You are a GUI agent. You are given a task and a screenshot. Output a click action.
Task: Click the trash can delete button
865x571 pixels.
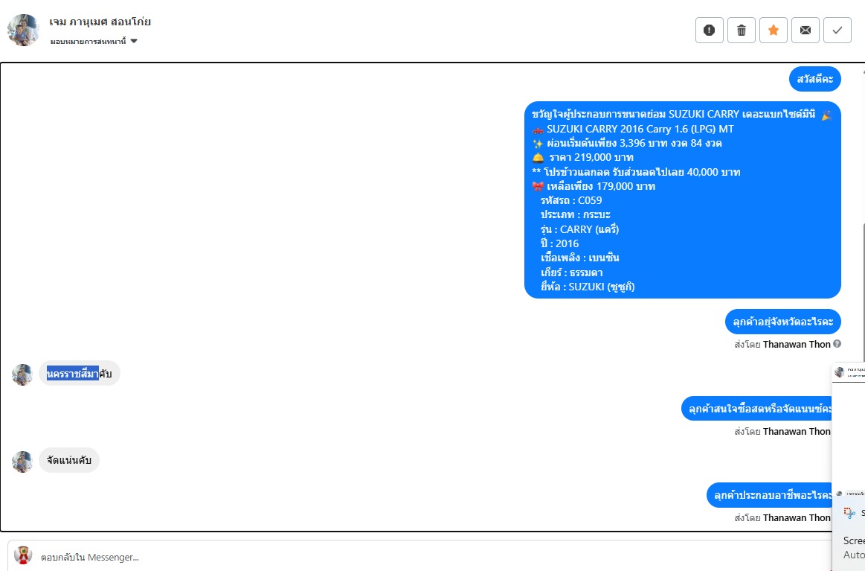pyautogui.click(x=742, y=31)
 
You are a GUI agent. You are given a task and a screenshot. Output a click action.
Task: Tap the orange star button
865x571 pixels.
pyautogui.click(x=774, y=31)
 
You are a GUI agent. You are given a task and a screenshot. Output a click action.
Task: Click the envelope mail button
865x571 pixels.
pyautogui.click(x=805, y=31)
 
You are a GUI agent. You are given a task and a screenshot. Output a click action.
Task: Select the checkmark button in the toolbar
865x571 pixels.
pyautogui.click(x=837, y=31)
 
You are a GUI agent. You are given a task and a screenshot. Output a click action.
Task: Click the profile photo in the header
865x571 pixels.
pyautogui.click(x=23, y=31)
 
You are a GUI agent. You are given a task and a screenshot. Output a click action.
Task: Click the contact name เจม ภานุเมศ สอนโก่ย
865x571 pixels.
pyautogui.click(x=100, y=22)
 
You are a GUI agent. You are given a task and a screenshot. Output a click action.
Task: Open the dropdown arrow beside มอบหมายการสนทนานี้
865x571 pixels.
pyautogui.click(x=134, y=41)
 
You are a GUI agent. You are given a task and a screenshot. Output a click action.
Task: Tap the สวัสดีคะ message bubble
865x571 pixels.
pyautogui.click(x=815, y=79)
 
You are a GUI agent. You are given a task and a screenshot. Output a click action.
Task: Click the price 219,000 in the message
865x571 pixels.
pyautogui.click(x=598, y=158)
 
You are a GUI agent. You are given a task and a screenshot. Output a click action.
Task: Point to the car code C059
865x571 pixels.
pyautogui.click(x=589, y=200)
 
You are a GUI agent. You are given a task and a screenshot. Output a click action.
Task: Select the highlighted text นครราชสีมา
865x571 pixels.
pyautogui.click(x=73, y=374)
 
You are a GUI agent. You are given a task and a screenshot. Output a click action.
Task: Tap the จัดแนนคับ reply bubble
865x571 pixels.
pyautogui.click(x=69, y=461)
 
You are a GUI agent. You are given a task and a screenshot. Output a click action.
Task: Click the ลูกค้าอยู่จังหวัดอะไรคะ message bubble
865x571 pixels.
pyautogui.click(x=782, y=322)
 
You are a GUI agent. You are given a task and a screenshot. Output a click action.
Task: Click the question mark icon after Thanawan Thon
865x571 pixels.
pyautogui.click(x=837, y=344)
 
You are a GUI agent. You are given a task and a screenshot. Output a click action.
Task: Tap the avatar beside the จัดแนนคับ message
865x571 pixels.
pyautogui.click(x=22, y=462)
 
